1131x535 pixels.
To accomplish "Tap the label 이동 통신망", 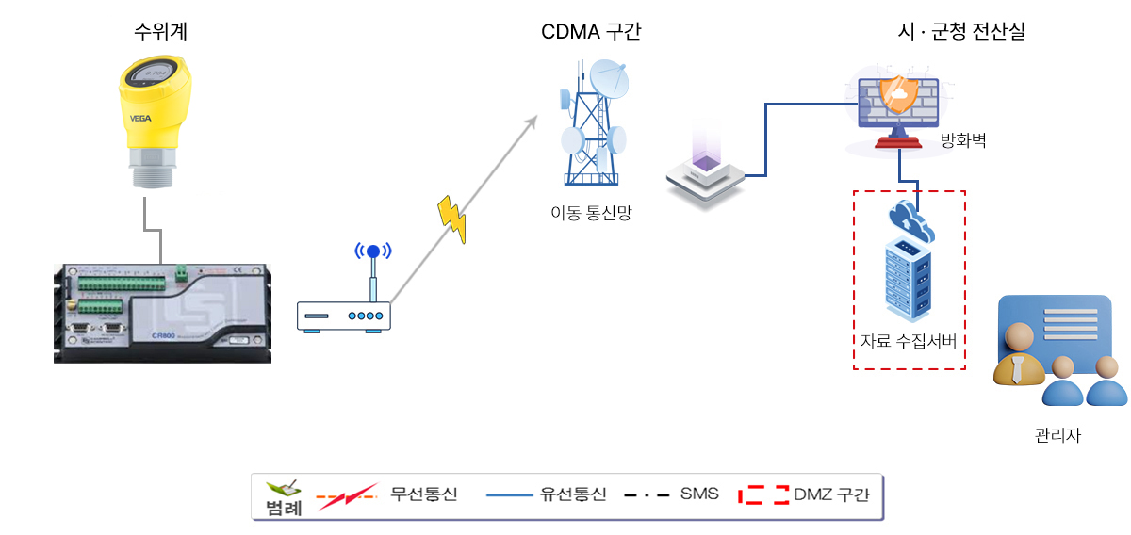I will tap(591, 213).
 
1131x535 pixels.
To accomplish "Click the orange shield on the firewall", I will tap(896, 95).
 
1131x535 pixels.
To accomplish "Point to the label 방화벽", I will tap(964, 143).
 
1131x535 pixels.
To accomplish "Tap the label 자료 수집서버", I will tap(909, 341).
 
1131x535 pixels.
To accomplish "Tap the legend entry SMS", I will tap(699, 494).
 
